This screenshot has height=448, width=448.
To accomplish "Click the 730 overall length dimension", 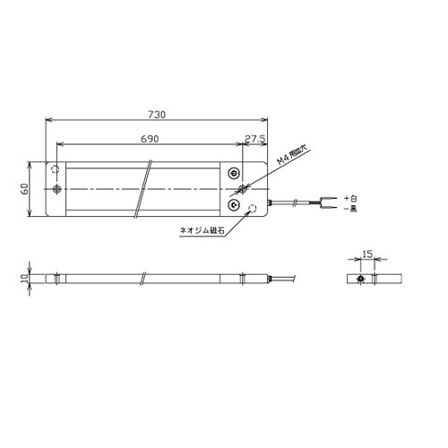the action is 157,115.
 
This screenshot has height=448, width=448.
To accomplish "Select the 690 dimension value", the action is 150,139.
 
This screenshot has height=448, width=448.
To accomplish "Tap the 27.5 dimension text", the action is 254,139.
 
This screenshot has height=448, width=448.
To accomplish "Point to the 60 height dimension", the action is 24,189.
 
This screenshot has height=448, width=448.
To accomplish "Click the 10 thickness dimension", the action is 24,279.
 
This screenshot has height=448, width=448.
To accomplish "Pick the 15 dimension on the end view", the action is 367,254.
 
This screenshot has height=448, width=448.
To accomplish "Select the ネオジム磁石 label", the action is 202,230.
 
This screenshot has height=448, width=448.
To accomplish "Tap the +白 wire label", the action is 350,198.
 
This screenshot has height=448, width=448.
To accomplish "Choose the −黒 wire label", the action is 350,209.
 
